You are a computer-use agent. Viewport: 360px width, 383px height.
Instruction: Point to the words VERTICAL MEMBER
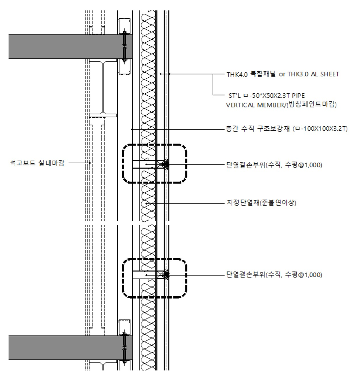pos(255,105)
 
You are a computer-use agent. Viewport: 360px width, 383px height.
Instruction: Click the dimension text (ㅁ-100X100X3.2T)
pos(320,129)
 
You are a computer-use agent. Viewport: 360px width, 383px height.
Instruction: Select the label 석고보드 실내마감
pos(37,163)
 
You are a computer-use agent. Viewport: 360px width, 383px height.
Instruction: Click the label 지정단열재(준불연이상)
pos(261,203)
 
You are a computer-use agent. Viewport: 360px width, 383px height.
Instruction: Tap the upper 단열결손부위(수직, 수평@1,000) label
pos(274,165)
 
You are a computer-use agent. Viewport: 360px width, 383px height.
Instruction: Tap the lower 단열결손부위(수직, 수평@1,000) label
pos(274,275)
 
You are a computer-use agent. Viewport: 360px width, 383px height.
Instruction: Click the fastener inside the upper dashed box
pos(165,164)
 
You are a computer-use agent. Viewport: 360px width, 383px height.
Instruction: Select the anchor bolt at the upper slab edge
pos(124,47)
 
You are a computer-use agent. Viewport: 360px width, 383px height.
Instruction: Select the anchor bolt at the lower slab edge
pos(124,348)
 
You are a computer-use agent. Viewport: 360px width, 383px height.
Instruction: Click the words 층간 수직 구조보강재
pos(258,129)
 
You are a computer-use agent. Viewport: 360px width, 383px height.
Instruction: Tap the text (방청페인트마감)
pos(312,105)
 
